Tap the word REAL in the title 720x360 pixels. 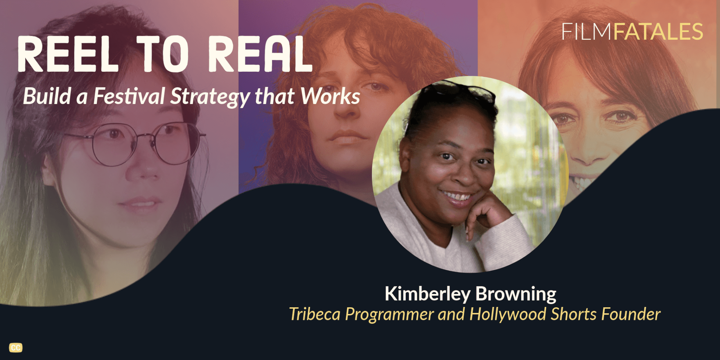click(x=261, y=54)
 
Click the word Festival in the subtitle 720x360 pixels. click(x=129, y=96)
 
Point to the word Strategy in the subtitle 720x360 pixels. click(x=210, y=97)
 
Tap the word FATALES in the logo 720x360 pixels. click(x=658, y=32)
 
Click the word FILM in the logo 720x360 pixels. click(x=587, y=32)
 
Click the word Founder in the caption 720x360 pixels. click(x=631, y=314)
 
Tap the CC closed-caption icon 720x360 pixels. click(x=16, y=348)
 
